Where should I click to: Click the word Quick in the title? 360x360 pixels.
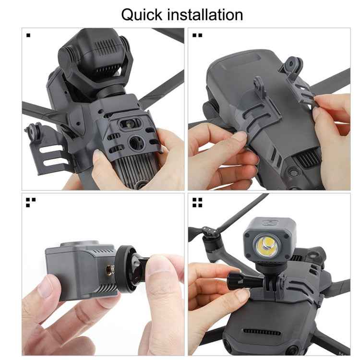142,14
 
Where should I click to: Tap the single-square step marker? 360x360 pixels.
29,35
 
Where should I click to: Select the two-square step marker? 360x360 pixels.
197,35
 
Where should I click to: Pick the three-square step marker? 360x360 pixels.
30,202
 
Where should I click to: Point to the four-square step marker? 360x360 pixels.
197,202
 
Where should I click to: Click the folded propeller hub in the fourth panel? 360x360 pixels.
212,235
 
